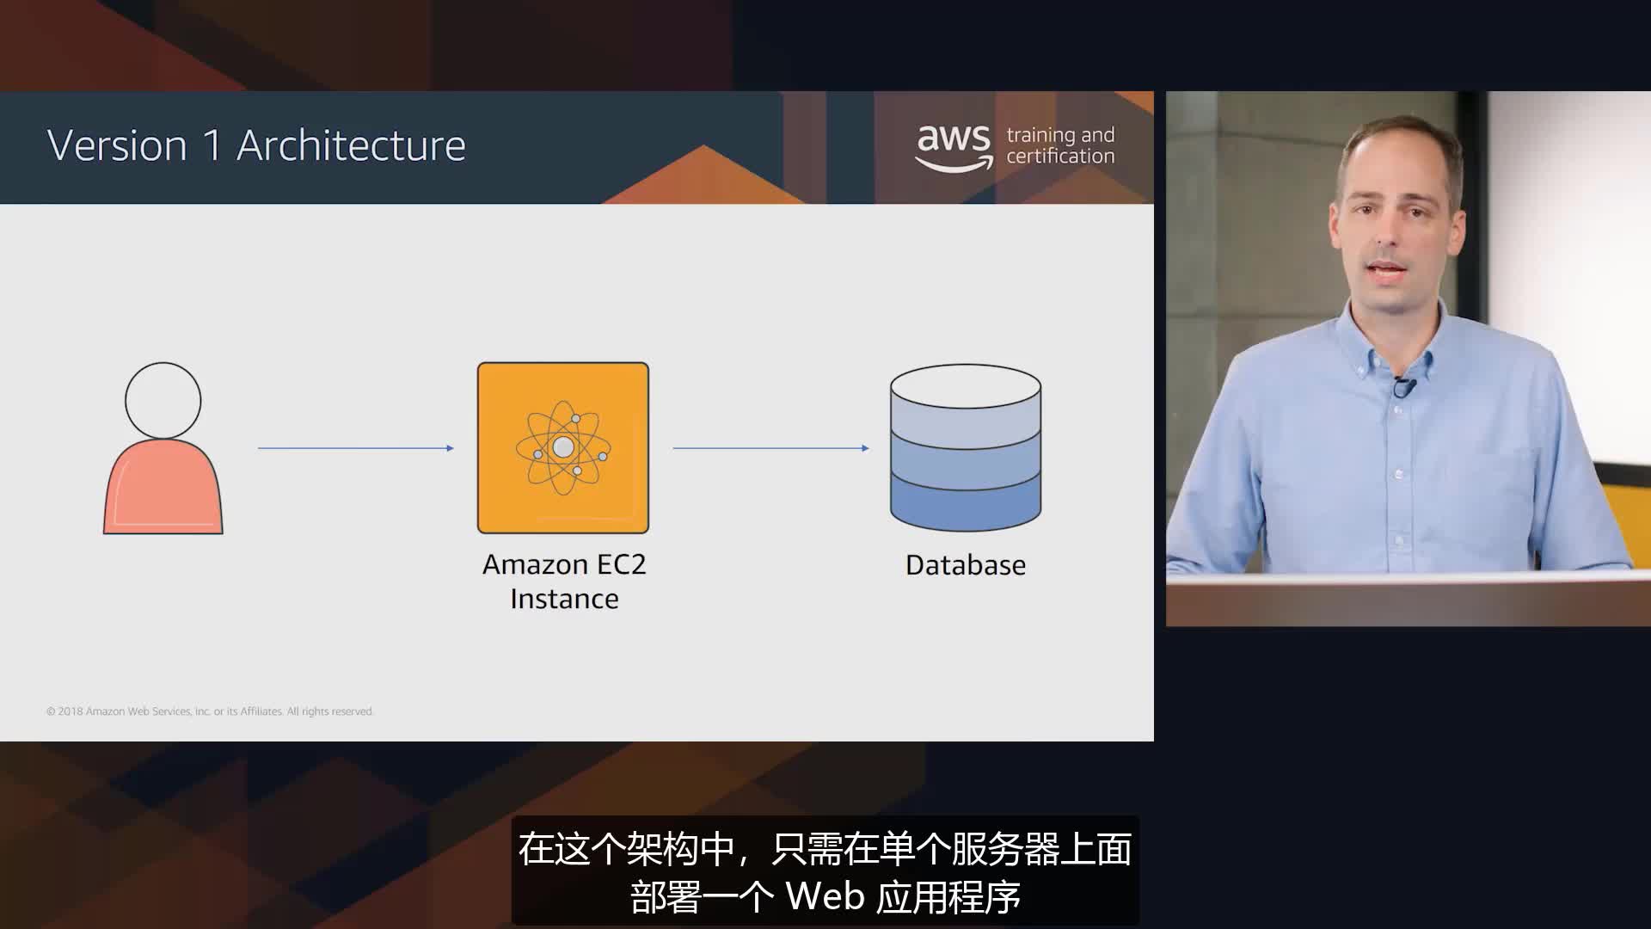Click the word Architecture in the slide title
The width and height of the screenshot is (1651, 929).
(x=351, y=145)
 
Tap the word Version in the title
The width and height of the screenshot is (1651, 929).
(x=117, y=145)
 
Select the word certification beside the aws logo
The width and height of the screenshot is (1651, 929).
(x=1060, y=157)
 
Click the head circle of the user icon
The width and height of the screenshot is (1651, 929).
(x=163, y=400)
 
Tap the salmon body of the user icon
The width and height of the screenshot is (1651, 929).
(x=163, y=490)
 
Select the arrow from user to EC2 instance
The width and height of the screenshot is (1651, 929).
(x=355, y=448)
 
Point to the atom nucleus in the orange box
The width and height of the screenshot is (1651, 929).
(x=563, y=447)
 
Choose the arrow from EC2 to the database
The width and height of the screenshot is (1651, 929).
(x=770, y=448)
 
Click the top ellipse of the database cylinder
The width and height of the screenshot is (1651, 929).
(x=966, y=386)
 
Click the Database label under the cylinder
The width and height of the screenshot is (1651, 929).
(x=966, y=565)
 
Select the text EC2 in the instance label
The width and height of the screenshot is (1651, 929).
(x=621, y=564)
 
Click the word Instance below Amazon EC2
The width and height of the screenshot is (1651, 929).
(x=564, y=599)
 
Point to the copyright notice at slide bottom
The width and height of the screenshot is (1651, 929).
(x=210, y=711)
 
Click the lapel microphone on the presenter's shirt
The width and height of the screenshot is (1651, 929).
(x=1403, y=386)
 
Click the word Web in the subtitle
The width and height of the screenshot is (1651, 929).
(x=825, y=897)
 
